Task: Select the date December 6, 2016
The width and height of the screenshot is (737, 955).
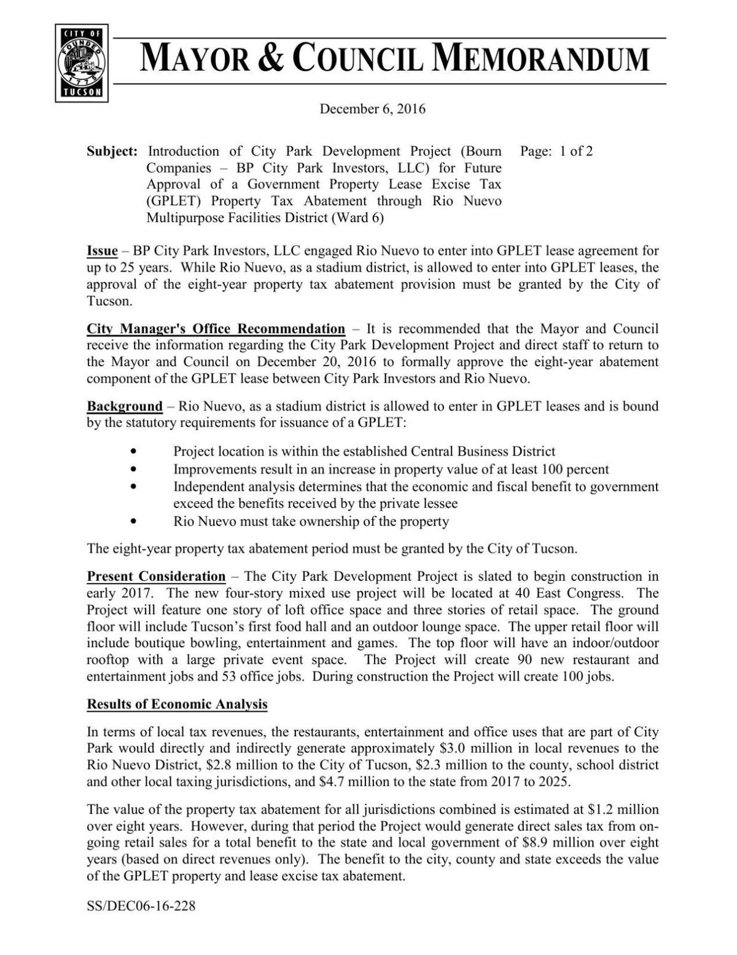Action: click(372, 109)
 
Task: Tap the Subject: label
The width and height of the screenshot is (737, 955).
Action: click(112, 151)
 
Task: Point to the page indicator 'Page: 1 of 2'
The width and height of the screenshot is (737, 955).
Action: click(556, 151)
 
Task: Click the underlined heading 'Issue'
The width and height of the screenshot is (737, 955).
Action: click(102, 251)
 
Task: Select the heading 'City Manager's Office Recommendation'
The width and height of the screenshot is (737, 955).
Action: click(216, 329)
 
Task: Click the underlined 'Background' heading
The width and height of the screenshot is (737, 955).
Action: click(125, 406)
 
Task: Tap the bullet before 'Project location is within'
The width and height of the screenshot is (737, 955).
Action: click(135, 452)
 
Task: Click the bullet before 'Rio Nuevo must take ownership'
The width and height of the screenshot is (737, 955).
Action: click(135, 522)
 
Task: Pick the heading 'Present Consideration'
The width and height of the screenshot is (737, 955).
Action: click(156, 576)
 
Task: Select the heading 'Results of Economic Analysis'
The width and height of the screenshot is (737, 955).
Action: click(177, 704)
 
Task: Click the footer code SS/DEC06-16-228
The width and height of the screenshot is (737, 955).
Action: click(141, 906)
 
